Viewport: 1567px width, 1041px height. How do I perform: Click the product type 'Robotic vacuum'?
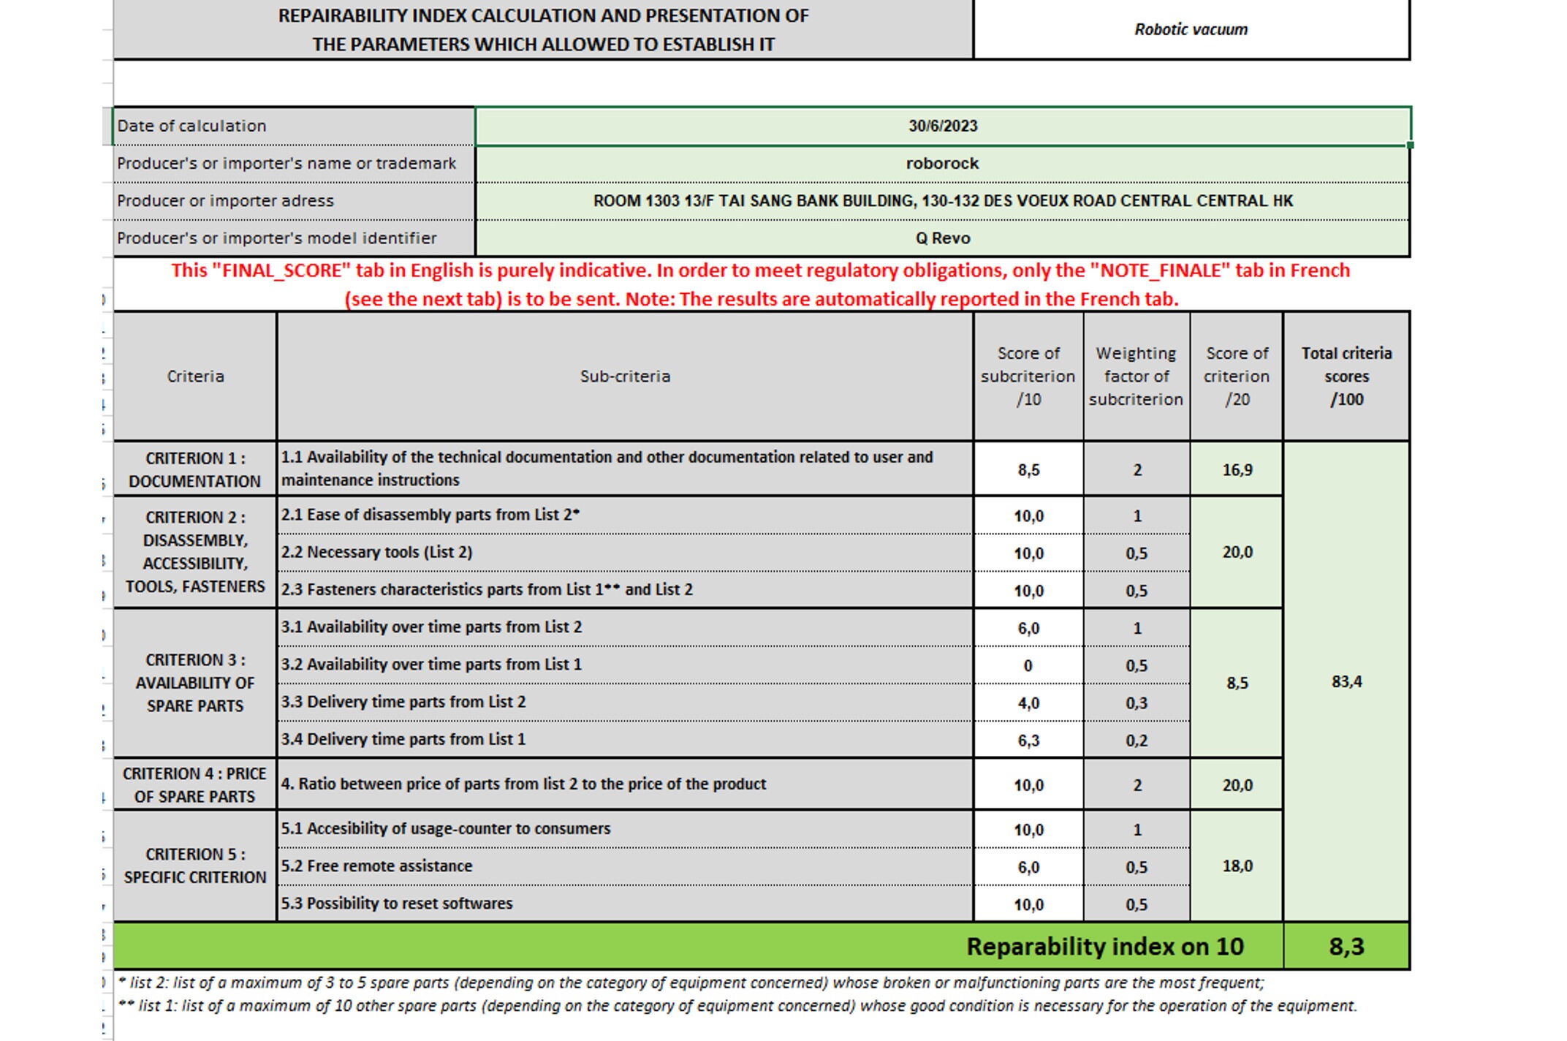click(x=1191, y=30)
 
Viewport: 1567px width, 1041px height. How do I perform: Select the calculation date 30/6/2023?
click(x=943, y=126)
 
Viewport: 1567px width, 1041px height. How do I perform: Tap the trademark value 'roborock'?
click(x=942, y=164)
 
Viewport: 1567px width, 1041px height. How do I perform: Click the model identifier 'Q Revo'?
click(x=943, y=238)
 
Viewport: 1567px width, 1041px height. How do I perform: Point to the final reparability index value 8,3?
click(x=1346, y=947)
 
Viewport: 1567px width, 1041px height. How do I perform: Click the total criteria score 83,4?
click(x=1346, y=681)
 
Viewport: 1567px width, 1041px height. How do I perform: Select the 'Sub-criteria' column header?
click(x=625, y=376)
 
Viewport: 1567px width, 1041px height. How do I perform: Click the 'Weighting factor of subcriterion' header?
click(x=1136, y=376)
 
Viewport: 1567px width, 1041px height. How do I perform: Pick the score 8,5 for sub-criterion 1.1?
click(x=1028, y=470)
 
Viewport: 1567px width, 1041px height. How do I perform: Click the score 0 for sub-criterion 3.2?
click(x=1028, y=666)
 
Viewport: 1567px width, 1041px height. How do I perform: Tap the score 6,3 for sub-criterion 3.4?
click(x=1028, y=741)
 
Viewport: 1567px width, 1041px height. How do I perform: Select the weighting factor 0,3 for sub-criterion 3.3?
click(x=1137, y=703)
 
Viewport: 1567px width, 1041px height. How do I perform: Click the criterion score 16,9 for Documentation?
click(x=1237, y=470)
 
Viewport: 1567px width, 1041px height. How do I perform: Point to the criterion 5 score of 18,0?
click(x=1237, y=866)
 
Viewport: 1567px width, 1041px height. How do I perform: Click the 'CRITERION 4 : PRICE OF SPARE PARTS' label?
click(x=194, y=785)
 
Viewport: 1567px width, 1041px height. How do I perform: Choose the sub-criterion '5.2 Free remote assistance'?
click(x=377, y=866)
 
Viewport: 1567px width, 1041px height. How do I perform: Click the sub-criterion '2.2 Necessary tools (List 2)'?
click(x=377, y=553)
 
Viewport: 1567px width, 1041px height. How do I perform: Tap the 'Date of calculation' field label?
click(x=192, y=126)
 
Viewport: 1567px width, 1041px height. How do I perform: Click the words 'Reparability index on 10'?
click(x=1104, y=947)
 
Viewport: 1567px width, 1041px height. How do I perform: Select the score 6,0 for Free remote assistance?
click(x=1028, y=868)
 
